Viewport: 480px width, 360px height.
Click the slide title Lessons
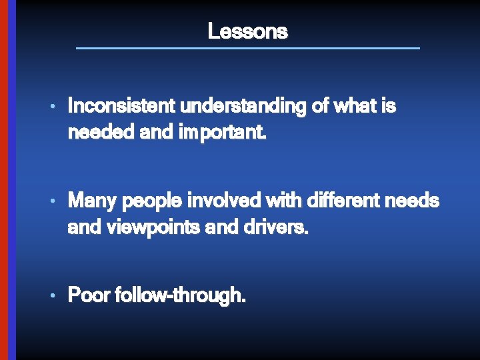click(247, 31)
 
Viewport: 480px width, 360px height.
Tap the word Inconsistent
click(121, 106)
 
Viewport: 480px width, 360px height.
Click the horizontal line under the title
click(247, 48)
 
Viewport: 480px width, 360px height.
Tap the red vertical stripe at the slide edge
click(3, 180)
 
